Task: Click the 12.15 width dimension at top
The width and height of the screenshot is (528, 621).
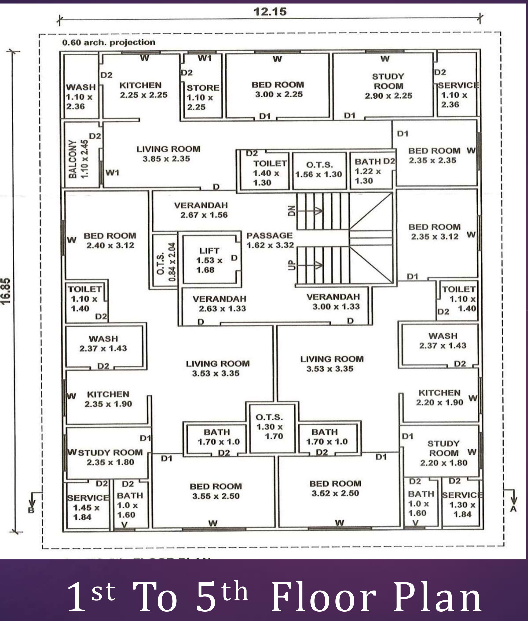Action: coord(270,12)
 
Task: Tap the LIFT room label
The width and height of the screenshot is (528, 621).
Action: coord(209,260)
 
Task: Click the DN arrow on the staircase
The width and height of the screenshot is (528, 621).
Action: coord(310,211)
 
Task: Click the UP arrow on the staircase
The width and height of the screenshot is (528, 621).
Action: coord(310,265)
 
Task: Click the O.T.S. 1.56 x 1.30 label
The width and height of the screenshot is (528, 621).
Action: coord(319,170)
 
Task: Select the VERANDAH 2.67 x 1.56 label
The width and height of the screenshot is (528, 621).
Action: coord(201,210)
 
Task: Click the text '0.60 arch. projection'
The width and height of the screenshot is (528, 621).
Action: coord(109,42)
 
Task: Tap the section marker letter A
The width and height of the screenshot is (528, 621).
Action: coord(513,509)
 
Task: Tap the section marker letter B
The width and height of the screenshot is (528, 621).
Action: coord(31,510)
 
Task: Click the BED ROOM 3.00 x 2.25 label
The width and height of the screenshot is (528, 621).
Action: coord(278,89)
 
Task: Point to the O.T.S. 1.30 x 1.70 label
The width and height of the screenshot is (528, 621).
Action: coord(270,427)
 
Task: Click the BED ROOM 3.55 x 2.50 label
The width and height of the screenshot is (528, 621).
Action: coord(216,491)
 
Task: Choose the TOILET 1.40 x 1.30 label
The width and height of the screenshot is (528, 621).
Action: coord(268,173)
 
